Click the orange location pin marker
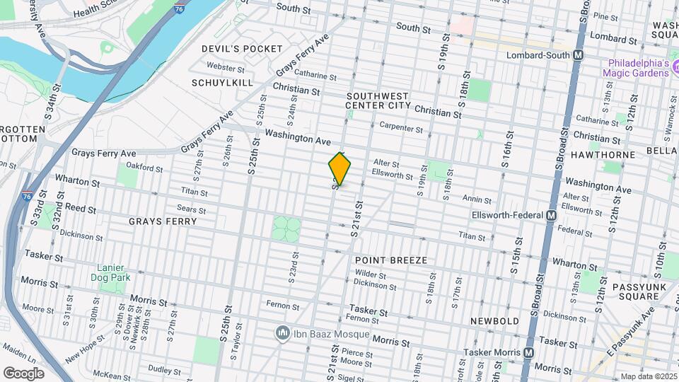[340, 169]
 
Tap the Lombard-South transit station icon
[579, 54]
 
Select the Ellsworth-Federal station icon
[552, 215]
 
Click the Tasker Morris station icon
[528, 352]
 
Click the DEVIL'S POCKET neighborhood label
[232, 49]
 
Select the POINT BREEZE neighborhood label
[391, 260]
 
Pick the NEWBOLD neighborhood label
[495, 321]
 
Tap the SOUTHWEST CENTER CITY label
[378, 100]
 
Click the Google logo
[23, 373]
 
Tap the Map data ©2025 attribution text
[648, 376]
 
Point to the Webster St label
[226, 66]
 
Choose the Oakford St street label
[144, 168]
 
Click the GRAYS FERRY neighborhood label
[162, 221]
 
